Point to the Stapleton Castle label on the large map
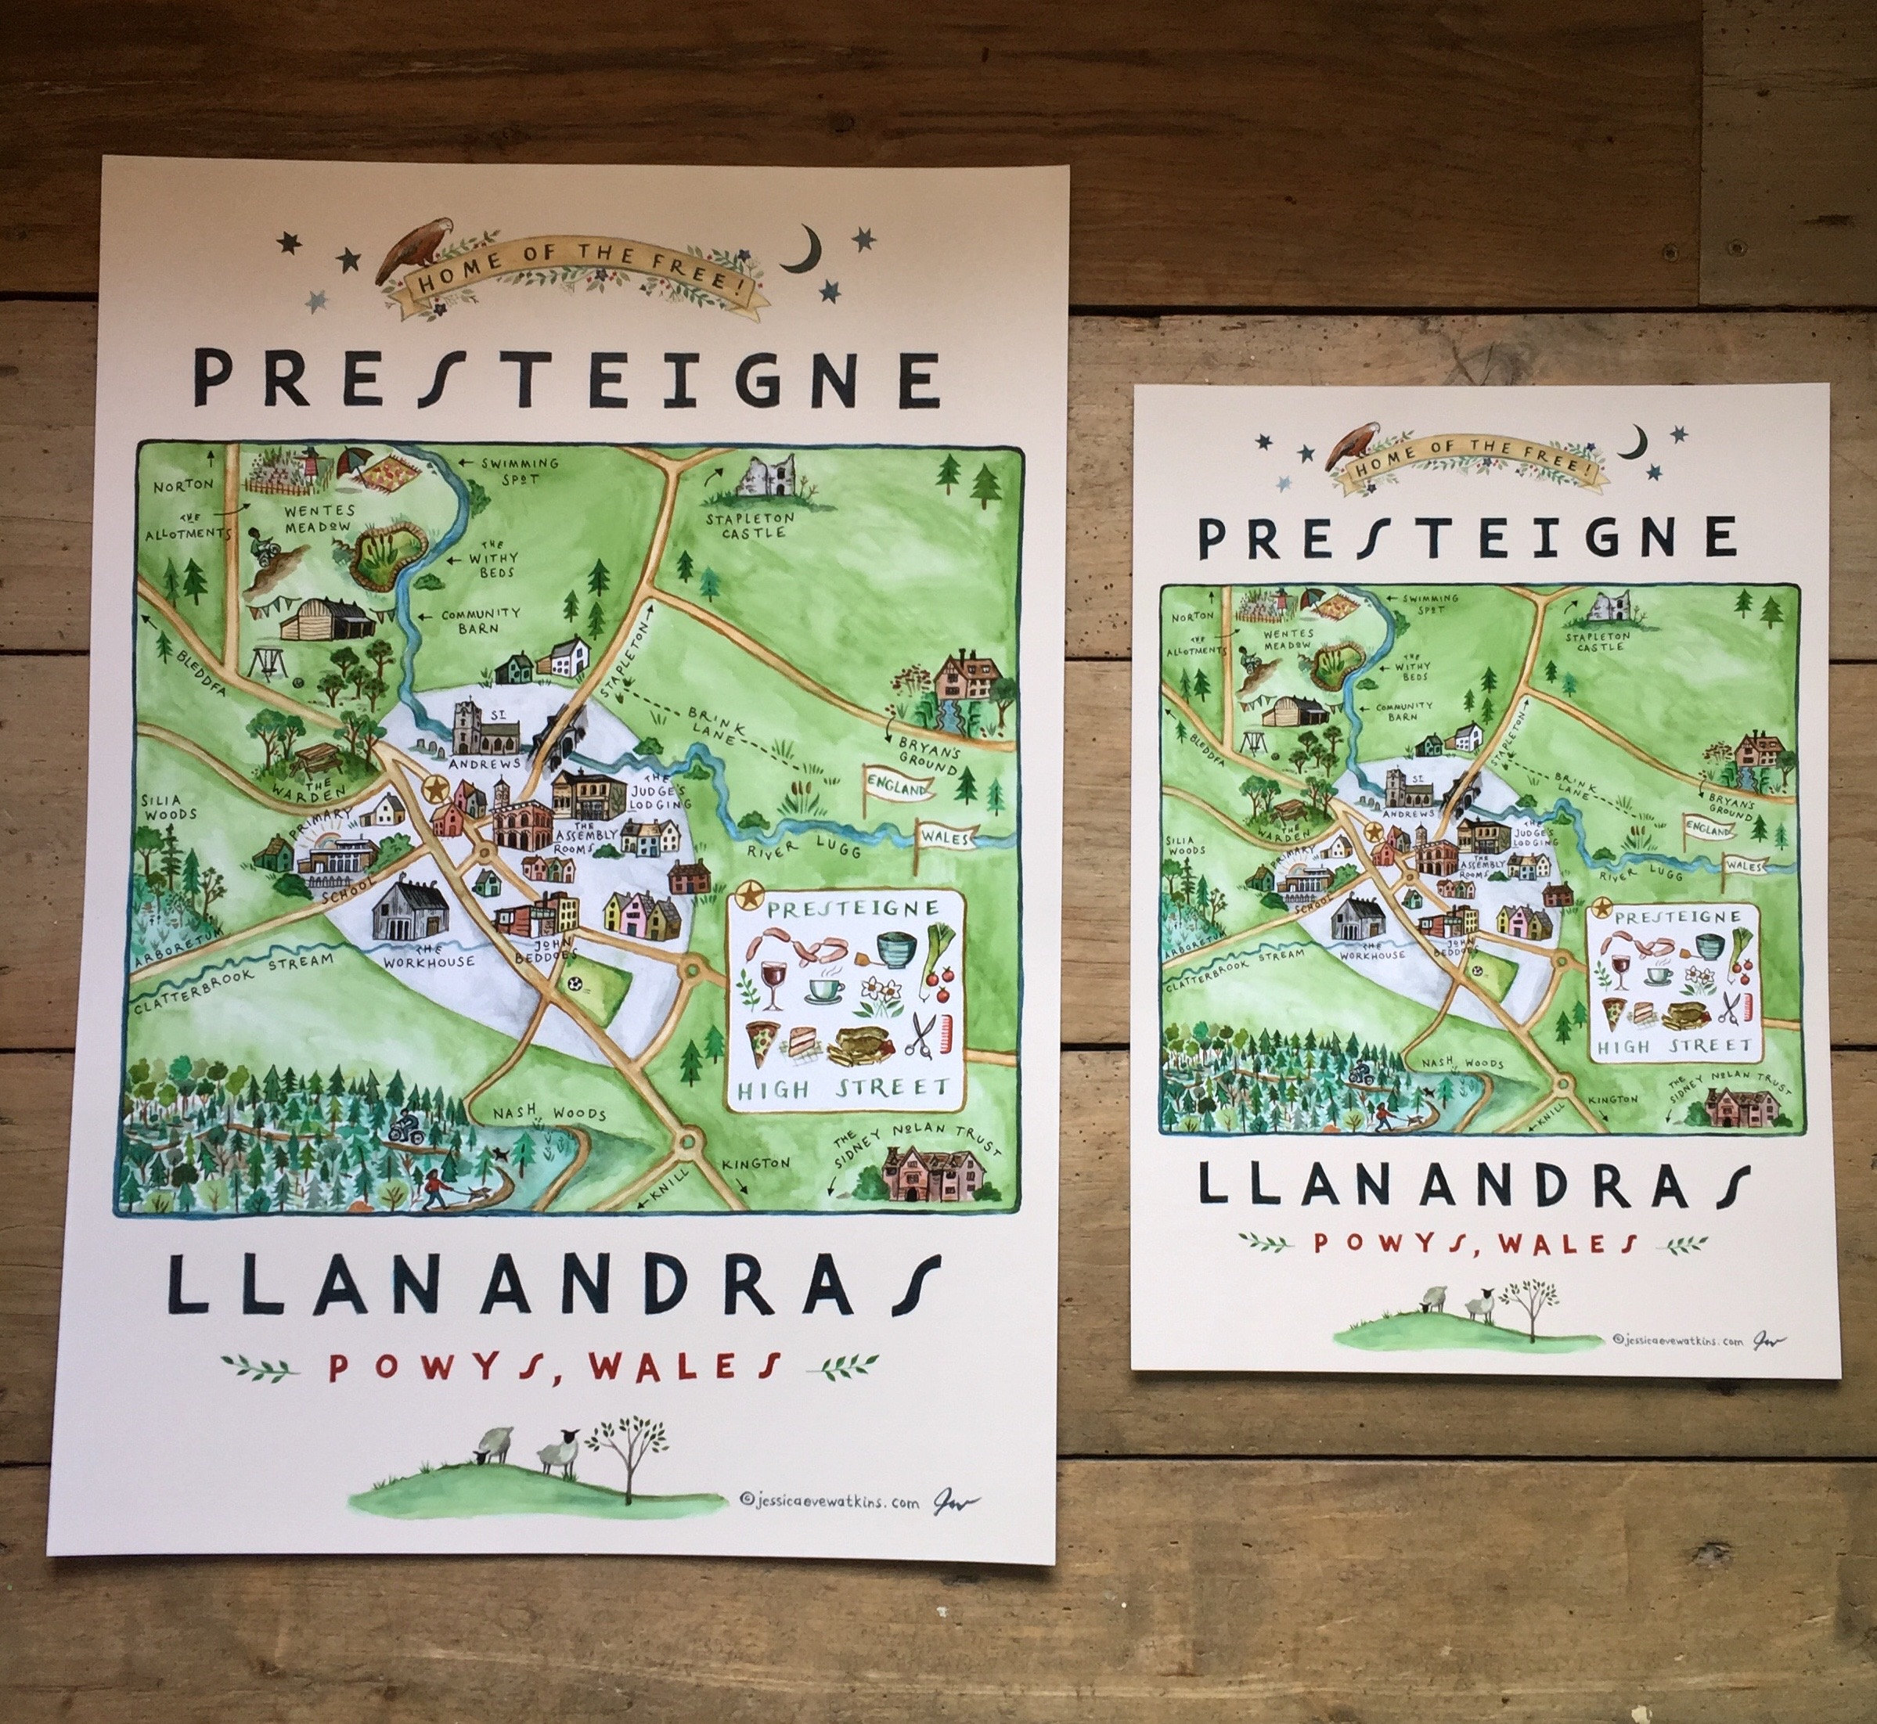click(749, 525)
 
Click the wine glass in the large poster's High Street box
click(773, 984)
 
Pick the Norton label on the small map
click(1193, 617)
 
